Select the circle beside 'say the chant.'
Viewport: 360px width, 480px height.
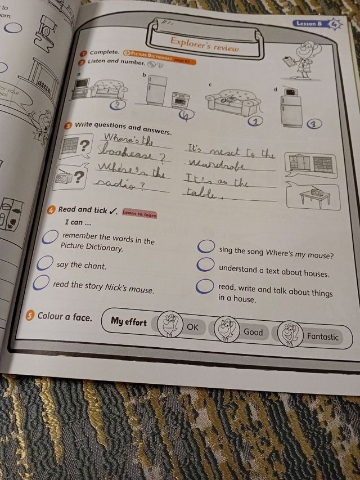45,263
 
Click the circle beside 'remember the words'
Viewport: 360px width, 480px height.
51,238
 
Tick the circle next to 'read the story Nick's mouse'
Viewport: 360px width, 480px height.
40,283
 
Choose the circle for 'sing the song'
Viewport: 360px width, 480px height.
206,246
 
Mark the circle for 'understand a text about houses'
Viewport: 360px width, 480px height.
205,265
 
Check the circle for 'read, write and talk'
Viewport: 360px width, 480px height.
204,286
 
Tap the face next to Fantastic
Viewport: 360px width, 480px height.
289,333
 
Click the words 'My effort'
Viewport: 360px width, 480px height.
128,321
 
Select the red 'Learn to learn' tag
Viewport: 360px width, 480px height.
139,214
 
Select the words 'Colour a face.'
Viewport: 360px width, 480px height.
64,316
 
